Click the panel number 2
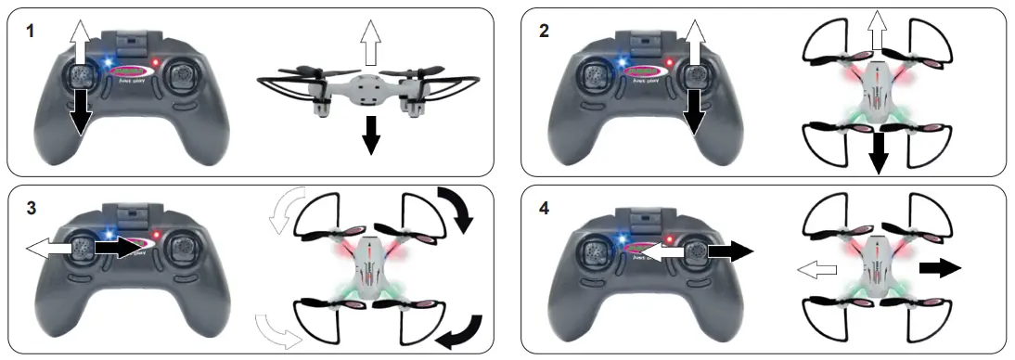544,31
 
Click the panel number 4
544,207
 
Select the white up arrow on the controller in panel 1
79,45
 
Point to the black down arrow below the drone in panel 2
876,154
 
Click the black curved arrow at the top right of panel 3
456,208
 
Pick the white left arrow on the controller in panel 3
48,248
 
